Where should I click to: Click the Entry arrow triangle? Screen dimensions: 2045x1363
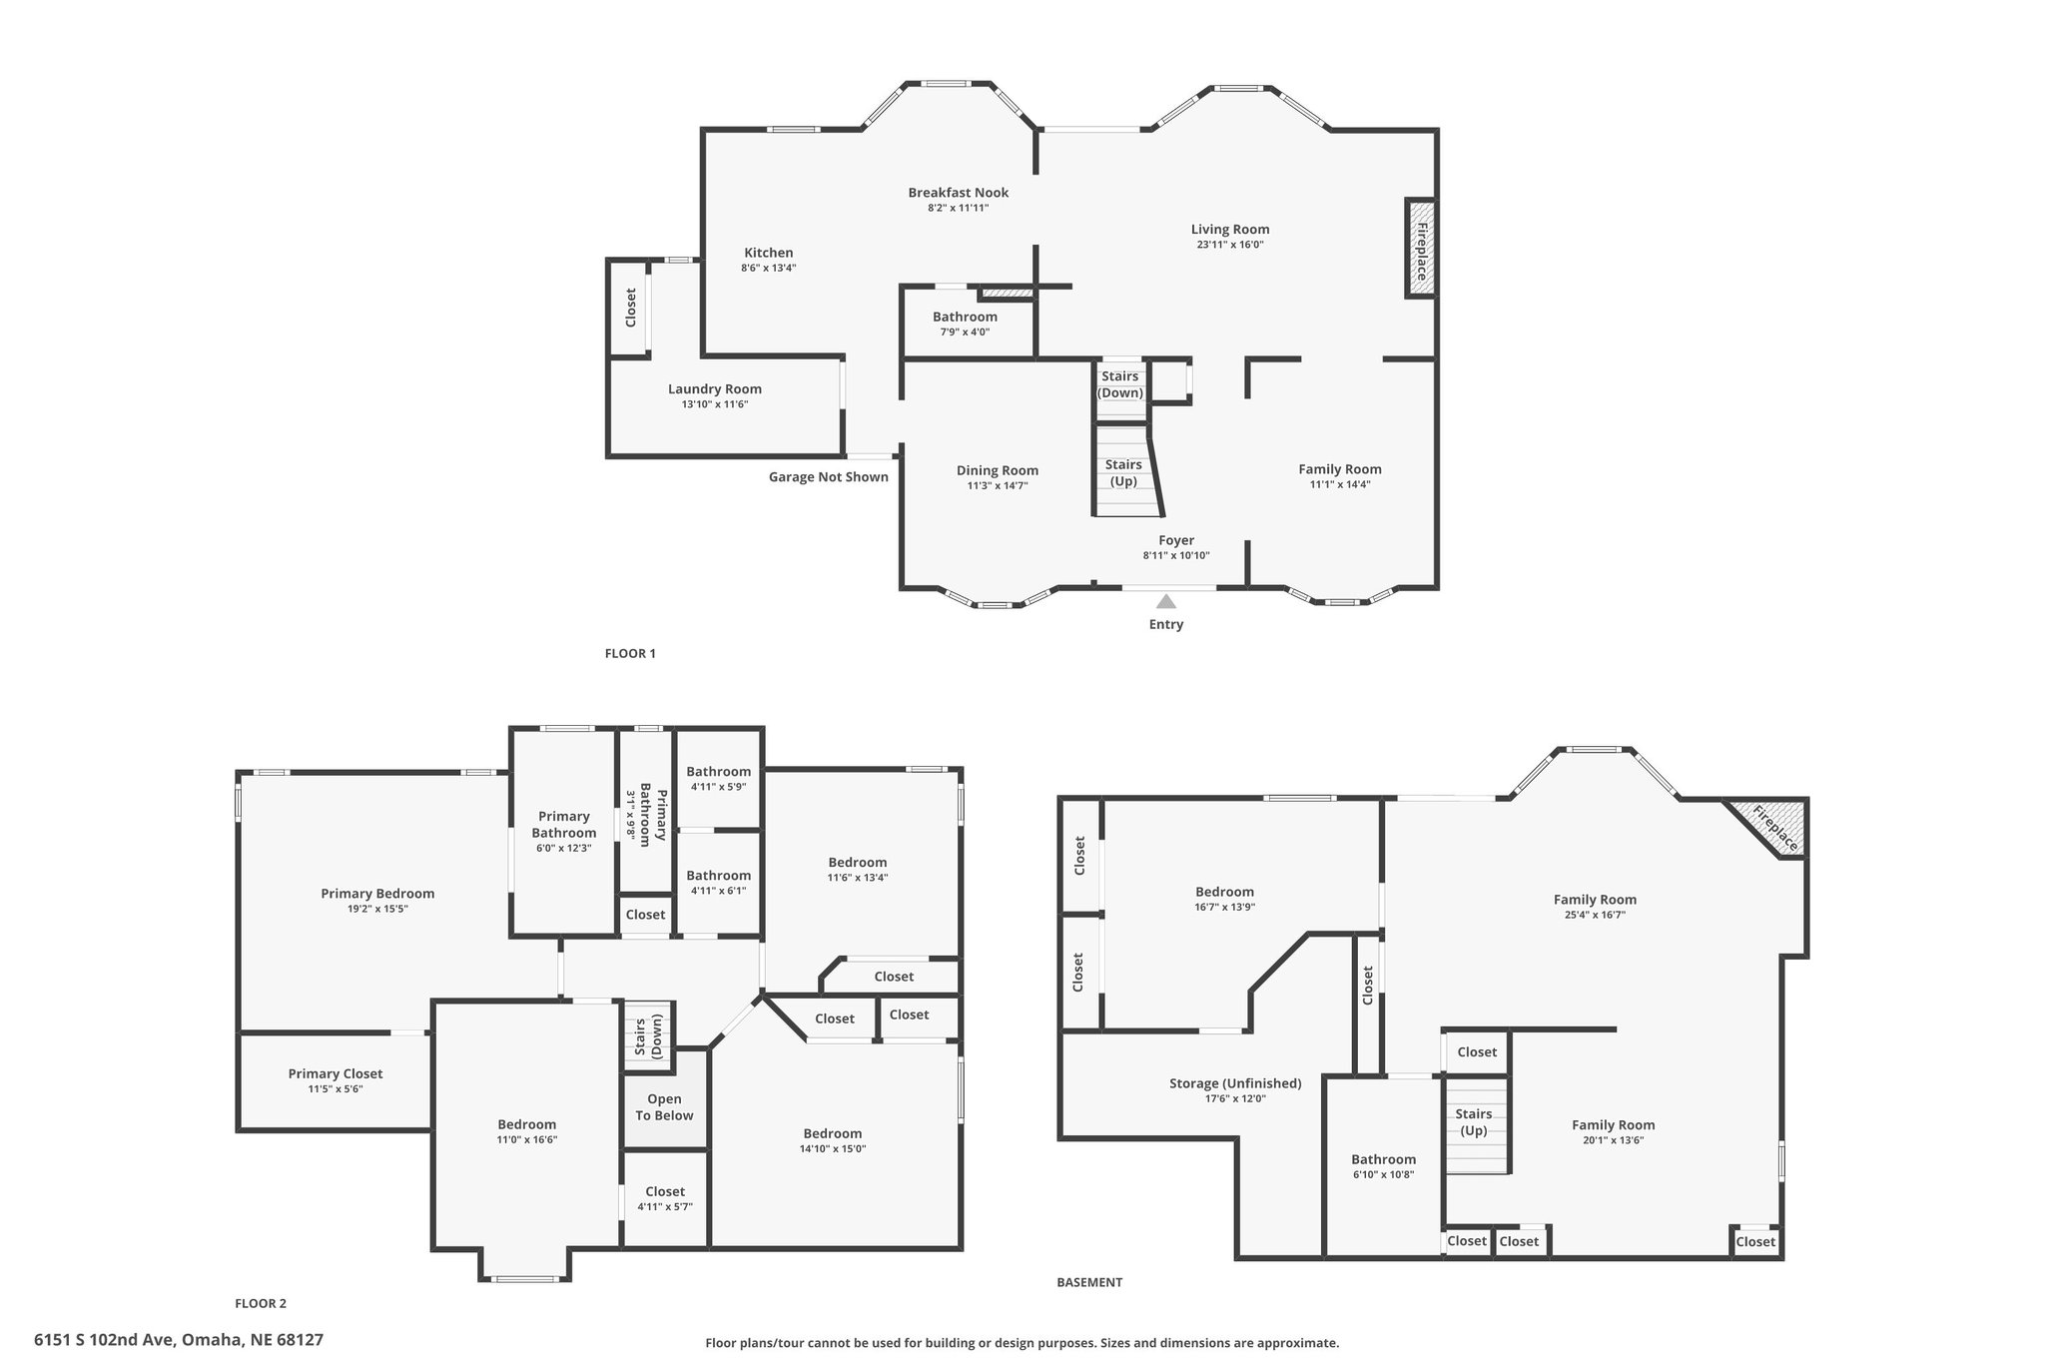[1165, 601]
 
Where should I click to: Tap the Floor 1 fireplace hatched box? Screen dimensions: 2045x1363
[1421, 248]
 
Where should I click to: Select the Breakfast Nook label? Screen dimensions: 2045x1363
[958, 193]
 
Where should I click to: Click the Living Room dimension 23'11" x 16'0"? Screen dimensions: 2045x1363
[1230, 245]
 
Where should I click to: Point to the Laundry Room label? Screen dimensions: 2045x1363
[715, 389]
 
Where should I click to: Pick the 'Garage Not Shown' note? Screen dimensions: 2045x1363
[828, 476]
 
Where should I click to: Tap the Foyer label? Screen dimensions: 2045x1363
[1176, 540]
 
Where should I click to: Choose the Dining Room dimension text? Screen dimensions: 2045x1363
[998, 486]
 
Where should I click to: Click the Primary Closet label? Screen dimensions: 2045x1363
[336, 1073]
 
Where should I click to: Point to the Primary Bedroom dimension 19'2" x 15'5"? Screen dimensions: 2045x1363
[377, 909]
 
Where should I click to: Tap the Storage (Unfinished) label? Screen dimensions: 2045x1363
[1235, 1083]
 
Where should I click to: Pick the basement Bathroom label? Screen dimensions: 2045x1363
[1383, 1159]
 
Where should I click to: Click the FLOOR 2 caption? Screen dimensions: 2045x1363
[261, 1303]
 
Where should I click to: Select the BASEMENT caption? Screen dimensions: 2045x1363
[1089, 1282]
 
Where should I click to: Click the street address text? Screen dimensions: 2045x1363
[179, 1340]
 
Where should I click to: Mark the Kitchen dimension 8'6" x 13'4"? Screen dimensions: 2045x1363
[768, 268]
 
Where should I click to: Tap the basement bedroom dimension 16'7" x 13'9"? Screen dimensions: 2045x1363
[1224, 908]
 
